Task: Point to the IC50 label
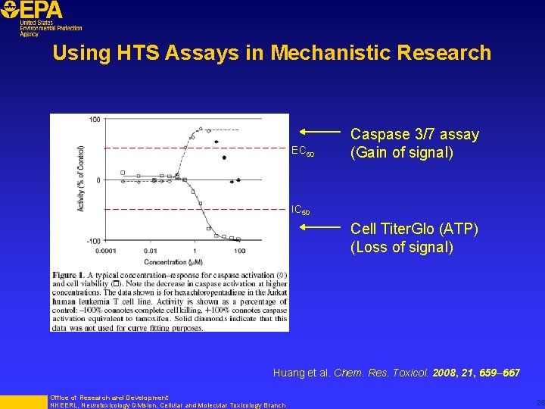(x=301, y=210)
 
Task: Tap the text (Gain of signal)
(x=401, y=153)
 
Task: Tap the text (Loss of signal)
(x=402, y=247)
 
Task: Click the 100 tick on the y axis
(x=95, y=120)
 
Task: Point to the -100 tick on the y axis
(x=92, y=240)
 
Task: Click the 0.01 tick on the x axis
(x=151, y=251)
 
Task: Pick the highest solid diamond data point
(x=216, y=142)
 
